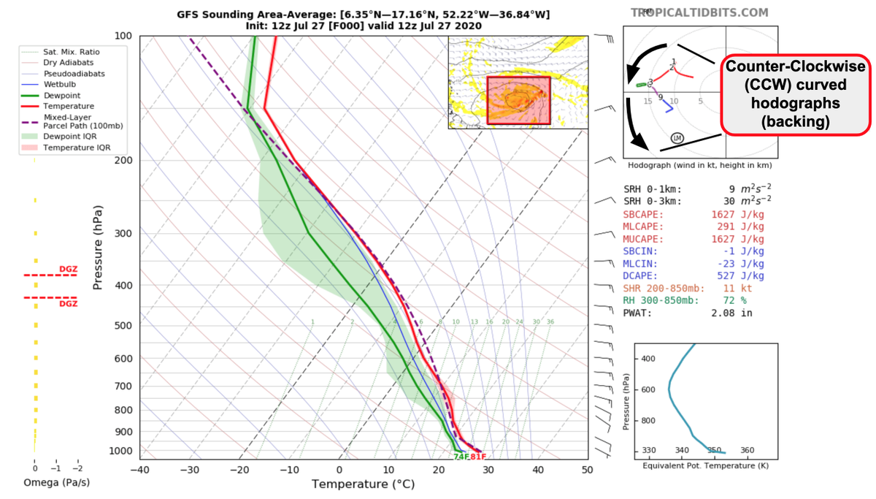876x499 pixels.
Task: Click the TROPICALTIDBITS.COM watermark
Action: pyautogui.click(x=699, y=12)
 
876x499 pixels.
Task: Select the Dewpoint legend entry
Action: pyautogui.click(x=62, y=96)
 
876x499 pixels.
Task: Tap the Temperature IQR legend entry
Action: pyautogui.click(x=72, y=148)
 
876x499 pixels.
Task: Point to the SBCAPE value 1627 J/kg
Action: pyautogui.click(x=737, y=214)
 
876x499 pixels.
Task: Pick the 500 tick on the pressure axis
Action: pyautogui.click(x=122, y=325)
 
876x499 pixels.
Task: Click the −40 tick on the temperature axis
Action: pyautogui.click(x=139, y=470)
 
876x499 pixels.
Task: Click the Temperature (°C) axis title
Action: pyautogui.click(x=362, y=484)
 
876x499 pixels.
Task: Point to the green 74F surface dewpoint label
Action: pyautogui.click(x=461, y=457)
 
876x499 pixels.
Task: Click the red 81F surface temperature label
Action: pyautogui.click(x=478, y=457)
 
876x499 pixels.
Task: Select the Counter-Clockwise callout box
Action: pyautogui.click(x=796, y=95)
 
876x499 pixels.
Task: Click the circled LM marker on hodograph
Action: pyautogui.click(x=677, y=138)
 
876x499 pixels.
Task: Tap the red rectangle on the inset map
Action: pyautogui.click(x=518, y=99)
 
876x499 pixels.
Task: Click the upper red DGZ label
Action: pyautogui.click(x=68, y=270)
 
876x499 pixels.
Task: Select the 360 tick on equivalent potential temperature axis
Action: pyautogui.click(x=747, y=451)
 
